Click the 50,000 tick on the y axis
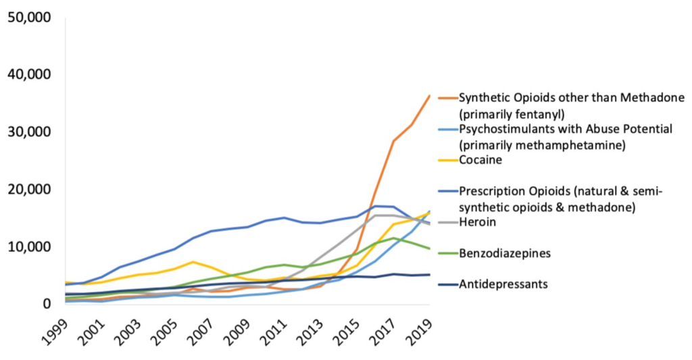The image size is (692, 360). coord(29,17)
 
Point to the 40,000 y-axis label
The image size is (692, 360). coord(29,74)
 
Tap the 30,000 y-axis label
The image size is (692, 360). coord(29,132)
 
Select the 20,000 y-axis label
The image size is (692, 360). coord(29,190)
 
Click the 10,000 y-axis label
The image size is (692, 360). coord(29,247)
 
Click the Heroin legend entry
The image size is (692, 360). coord(477,222)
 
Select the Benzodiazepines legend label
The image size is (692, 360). coord(503,253)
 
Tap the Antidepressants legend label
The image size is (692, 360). coord(503,284)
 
